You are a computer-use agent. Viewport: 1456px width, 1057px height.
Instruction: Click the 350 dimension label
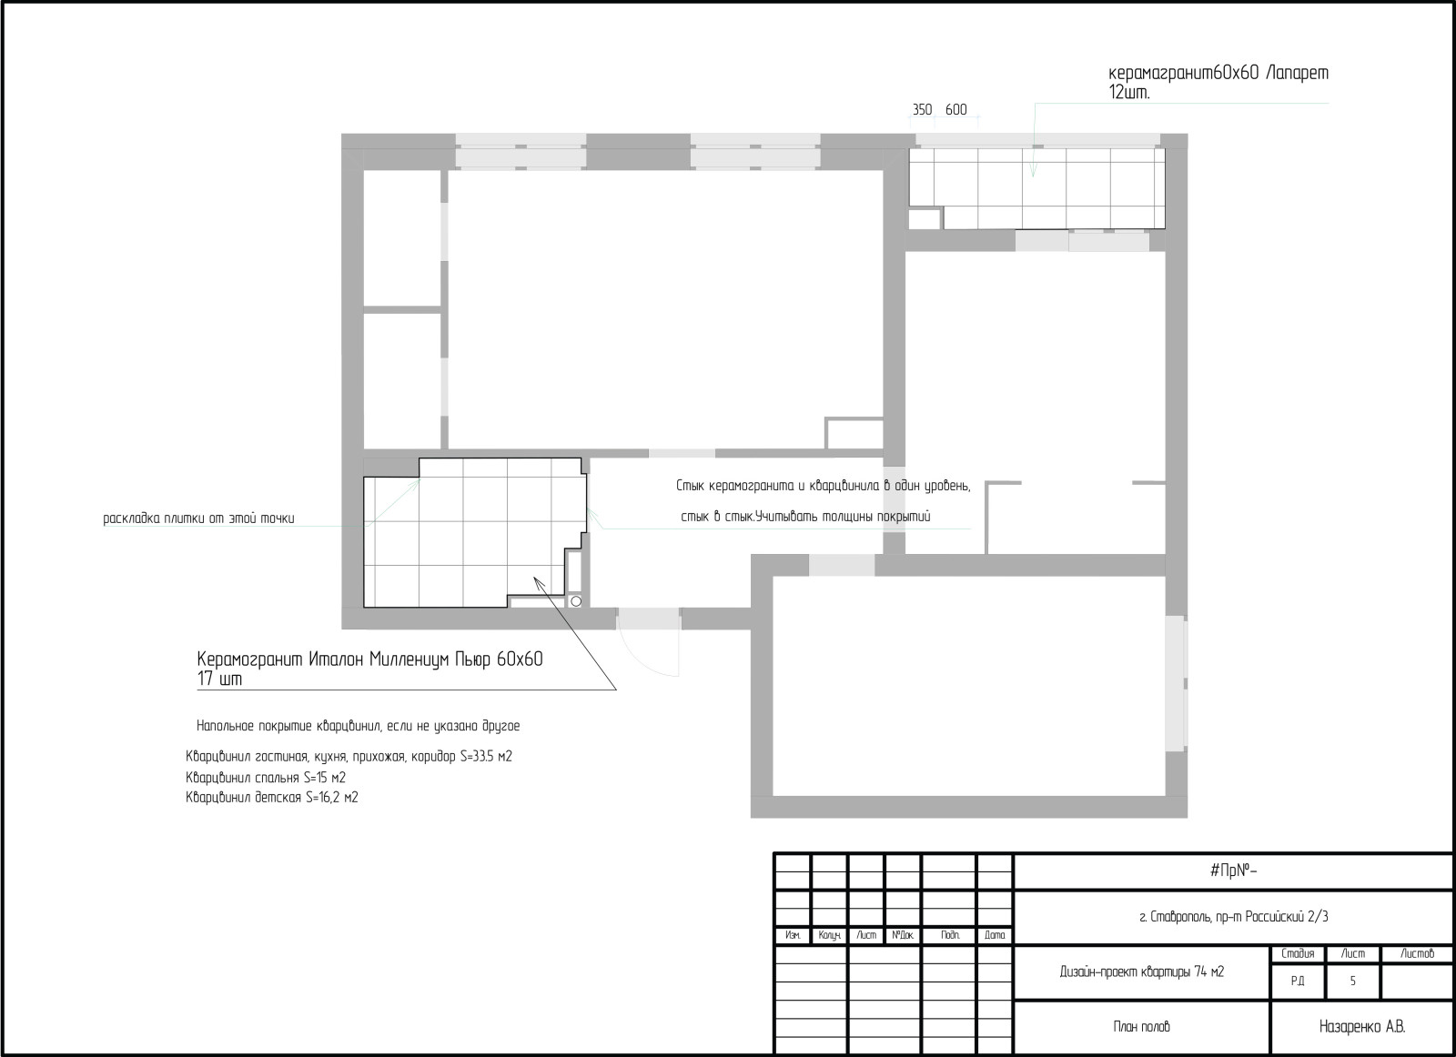click(x=922, y=110)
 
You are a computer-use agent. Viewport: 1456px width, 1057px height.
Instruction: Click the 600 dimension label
click(x=955, y=110)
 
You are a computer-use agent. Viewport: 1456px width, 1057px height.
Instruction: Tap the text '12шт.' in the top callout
click(x=1129, y=93)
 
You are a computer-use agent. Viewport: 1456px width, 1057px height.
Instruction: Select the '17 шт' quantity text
click(x=219, y=679)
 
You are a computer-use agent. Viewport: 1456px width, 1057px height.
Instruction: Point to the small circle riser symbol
click(x=576, y=601)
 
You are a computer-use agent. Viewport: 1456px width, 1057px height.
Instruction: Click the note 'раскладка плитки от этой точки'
click(x=199, y=518)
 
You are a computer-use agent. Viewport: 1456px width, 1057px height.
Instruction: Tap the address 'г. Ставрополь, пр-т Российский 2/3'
click(x=1234, y=917)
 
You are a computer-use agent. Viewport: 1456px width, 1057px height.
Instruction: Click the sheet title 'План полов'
click(x=1141, y=1026)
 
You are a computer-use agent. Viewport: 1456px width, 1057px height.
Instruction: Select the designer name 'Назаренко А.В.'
click(x=1361, y=1026)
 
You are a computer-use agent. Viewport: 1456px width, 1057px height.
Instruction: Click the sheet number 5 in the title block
click(x=1352, y=981)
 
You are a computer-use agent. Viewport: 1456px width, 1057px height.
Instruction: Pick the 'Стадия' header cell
click(x=1298, y=953)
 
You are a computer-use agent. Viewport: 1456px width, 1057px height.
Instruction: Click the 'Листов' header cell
click(x=1417, y=953)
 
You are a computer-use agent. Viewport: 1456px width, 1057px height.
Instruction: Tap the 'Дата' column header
click(x=995, y=935)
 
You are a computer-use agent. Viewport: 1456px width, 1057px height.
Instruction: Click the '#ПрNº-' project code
click(x=1233, y=871)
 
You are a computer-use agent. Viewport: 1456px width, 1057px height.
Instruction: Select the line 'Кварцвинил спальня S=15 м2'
click(x=266, y=778)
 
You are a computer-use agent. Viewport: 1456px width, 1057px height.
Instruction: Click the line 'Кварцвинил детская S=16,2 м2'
click(x=272, y=797)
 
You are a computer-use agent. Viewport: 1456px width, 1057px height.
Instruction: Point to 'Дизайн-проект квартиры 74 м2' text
click(x=1141, y=971)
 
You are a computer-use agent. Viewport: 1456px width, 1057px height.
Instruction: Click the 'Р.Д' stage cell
click(x=1298, y=981)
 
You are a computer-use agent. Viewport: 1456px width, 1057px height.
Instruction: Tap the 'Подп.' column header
click(x=950, y=935)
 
